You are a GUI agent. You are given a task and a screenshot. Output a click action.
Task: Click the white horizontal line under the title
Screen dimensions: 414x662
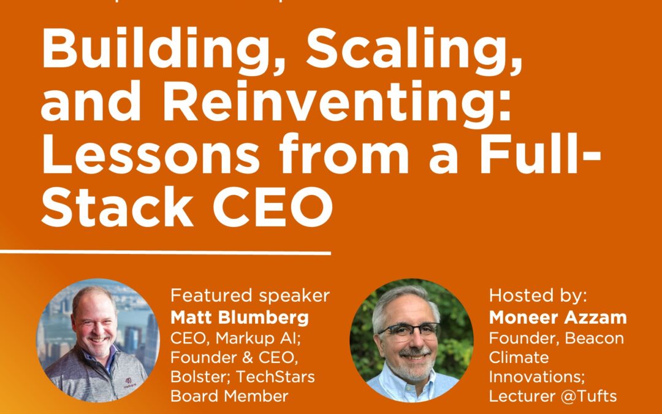165,252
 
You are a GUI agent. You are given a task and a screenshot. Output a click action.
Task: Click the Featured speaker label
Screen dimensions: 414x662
250,296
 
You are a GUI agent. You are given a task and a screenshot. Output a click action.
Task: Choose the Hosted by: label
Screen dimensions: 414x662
538,296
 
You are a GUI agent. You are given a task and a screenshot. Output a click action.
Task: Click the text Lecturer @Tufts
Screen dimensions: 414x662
554,397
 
